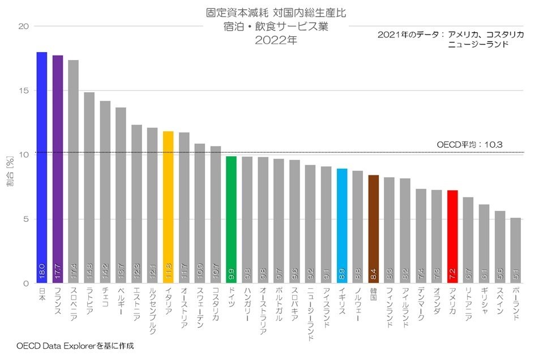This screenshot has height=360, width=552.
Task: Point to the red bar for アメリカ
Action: [x=452, y=235]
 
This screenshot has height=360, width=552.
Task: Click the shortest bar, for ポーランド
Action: [x=515, y=249]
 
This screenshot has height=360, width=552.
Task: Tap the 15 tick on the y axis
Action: [x=25, y=91]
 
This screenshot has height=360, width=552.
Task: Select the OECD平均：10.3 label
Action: [x=470, y=145]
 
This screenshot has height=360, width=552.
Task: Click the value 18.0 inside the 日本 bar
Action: [x=41, y=273]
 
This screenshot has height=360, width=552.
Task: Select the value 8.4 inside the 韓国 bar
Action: [x=373, y=275]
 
